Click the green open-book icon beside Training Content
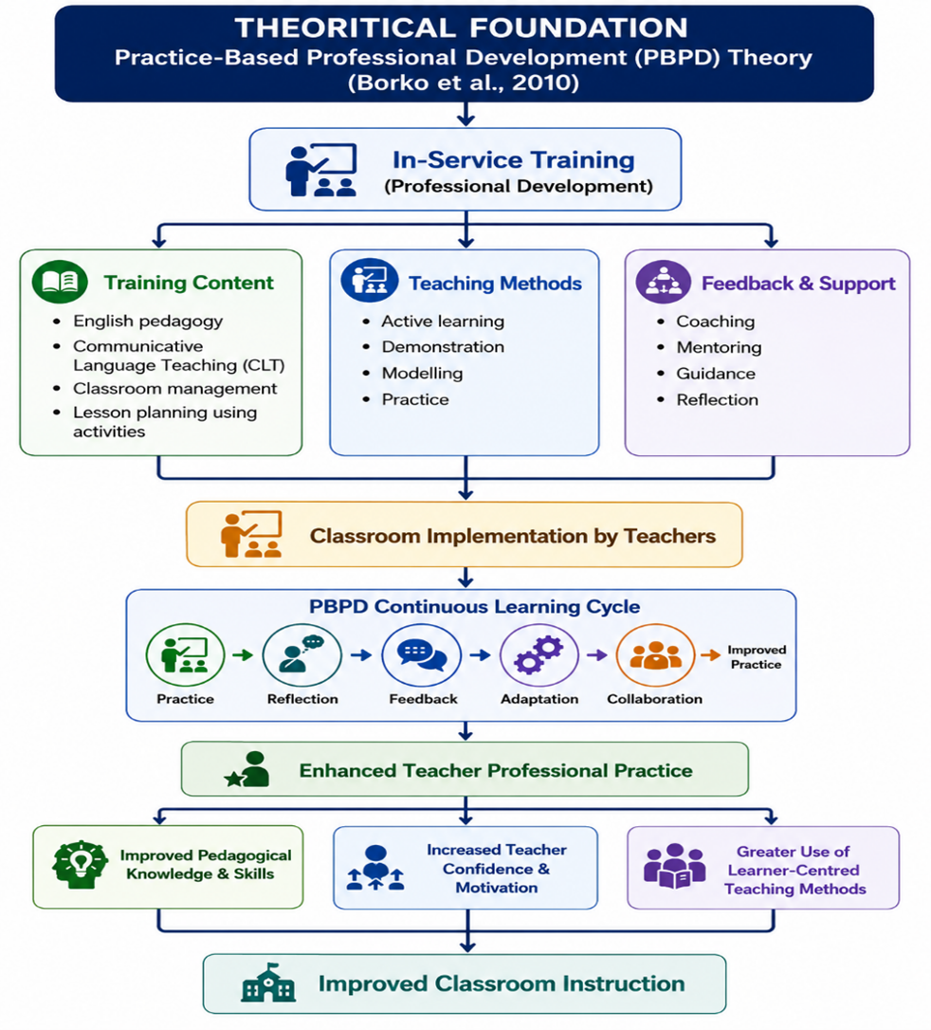[x=60, y=282]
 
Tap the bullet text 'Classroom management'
[x=174, y=389]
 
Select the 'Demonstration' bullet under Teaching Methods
[x=443, y=347]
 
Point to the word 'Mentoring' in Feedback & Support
[x=719, y=347]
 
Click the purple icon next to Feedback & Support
[x=663, y=282]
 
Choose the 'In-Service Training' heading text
[x=514, y=159]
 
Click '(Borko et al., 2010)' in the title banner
[x=464, y=83]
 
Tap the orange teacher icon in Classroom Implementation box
[x=251, y=534]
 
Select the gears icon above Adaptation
[x=539, y=655]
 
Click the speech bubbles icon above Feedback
[x=422, y=655]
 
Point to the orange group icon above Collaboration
[x=655, y=655]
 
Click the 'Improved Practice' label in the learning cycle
[x=757, y=657]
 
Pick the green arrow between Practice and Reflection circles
[x=243, y=655]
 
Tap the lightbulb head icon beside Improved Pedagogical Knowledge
[x=80, y=865]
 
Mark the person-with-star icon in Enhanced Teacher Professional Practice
[x=247, y=769]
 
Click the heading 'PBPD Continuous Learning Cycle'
[x=475, y=606]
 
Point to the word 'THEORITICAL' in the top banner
[x=345, y=28]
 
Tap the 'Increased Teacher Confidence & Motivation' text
[x=497, y=869]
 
